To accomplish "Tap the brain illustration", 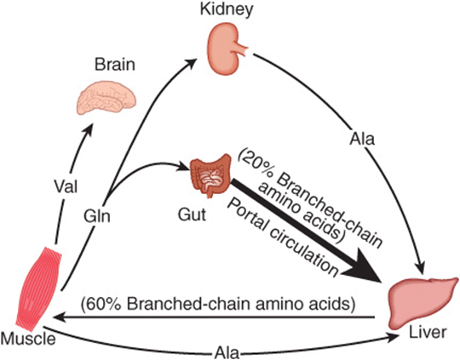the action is click(106, 99).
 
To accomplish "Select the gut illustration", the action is click(210, 175).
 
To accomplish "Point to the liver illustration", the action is click(423, 302).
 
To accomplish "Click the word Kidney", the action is click(227, 9).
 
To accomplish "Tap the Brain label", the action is click(115, 65).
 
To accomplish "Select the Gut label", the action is click(192, 214).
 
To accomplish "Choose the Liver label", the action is click(428, 333).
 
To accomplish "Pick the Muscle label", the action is click(28, 339).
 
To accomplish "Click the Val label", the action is click(66, 186).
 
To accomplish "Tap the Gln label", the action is click(97, 216).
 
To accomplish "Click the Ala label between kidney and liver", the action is click(362, 139).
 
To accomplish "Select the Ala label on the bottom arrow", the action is click(227, 352).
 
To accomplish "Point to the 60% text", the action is click(100, 305).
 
